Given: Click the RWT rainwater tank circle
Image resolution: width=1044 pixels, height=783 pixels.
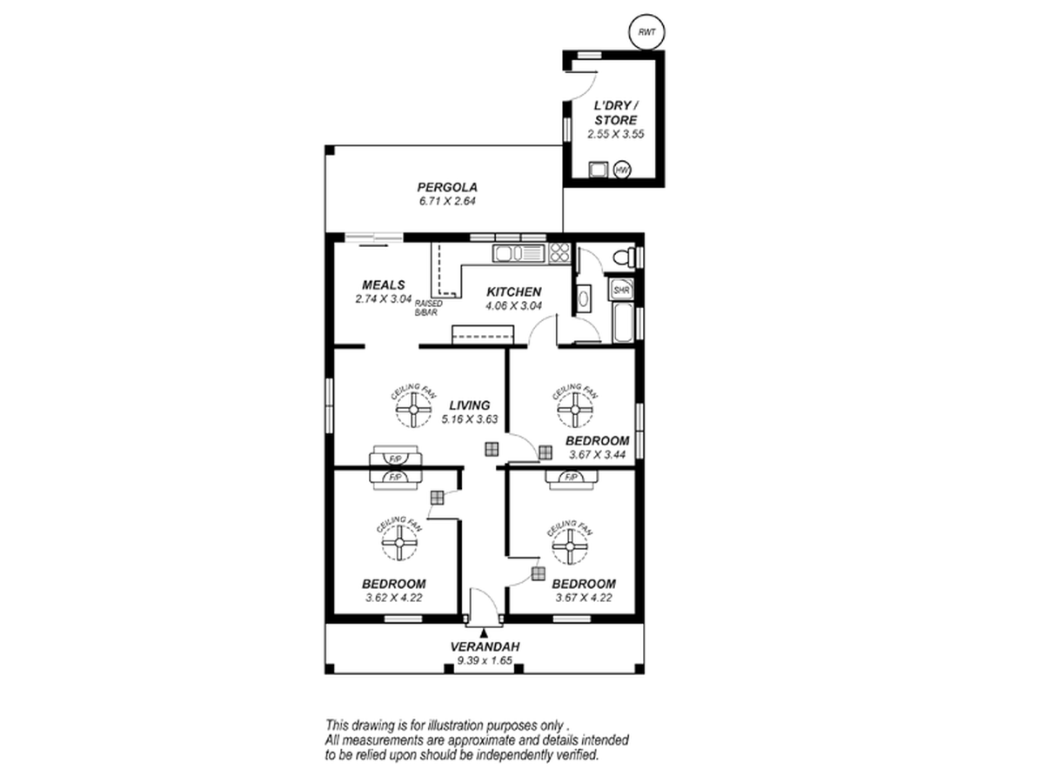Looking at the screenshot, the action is pos(646,32).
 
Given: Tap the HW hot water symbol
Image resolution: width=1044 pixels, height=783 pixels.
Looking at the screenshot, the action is pos(622,170).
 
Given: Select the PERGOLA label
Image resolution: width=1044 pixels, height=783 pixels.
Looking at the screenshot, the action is pos(447,187).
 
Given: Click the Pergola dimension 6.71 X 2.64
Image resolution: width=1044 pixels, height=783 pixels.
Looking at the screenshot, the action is pos(447,201).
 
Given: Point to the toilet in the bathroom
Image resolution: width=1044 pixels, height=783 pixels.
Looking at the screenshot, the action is pos(624,258).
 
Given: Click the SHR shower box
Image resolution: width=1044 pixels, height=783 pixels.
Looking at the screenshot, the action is pos(620,290).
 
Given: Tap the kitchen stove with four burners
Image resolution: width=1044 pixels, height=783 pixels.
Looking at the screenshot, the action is pos(559,253).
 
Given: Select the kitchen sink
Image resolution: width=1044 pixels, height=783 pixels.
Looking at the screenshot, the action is pos(519,253).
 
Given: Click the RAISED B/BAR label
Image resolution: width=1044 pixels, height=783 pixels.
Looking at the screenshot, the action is pos(428,308).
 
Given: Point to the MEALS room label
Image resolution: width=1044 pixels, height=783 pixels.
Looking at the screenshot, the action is pos(384,284).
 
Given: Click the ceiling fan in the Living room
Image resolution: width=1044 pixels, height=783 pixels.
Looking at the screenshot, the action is pos(414,410).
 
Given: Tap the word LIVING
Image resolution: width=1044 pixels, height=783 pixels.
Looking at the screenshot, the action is pos(470,405).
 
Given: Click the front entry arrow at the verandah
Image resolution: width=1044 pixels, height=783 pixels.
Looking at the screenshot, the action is pos(484,632).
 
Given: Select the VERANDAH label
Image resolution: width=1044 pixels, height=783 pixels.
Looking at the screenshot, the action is pos(485,646).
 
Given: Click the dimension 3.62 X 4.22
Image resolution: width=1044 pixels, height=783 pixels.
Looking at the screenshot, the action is pos(394,598).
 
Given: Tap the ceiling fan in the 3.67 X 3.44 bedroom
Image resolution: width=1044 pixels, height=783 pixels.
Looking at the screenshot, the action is pos(575,410).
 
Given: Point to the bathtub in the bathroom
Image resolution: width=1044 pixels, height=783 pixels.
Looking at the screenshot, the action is pos(623,323).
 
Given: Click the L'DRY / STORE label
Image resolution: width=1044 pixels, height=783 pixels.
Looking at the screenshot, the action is pos(615,113).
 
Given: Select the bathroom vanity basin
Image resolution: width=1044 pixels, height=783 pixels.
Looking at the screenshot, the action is pos(583,299).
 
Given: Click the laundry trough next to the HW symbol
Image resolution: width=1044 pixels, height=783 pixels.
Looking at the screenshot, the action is pos(598,170).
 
